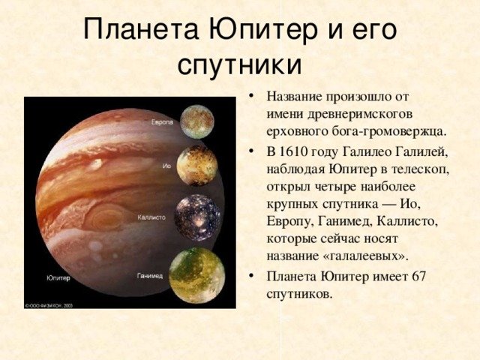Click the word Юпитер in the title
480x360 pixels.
[263, 31]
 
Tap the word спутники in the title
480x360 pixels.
[240, 64]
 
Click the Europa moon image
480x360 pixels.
[196, 121]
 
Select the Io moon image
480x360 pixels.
[197, 166]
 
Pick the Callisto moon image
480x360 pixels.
[198, 217]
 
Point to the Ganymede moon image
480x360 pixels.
[197, 275]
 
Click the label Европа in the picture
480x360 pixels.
[162, 122]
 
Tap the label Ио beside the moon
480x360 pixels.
[166, 166]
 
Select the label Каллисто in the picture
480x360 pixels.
[151, 217]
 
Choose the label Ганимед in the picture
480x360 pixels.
[150, 276]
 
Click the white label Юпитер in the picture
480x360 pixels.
[58, 278]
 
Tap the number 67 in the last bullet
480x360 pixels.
[418, 277]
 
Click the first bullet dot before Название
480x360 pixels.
[252, 97]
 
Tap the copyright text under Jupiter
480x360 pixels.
[49, 305]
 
